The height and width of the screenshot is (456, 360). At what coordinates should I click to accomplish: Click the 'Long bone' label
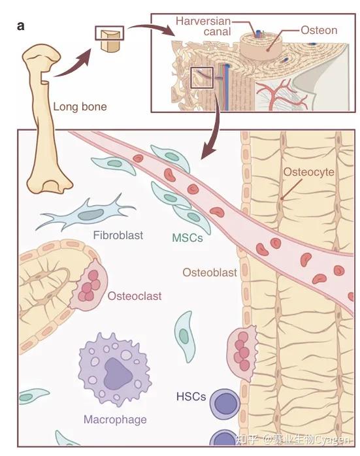(x=80, y=106)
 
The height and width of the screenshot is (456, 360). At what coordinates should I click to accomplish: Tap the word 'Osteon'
(x=319, y=30)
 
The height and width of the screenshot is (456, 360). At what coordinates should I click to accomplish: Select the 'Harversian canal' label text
(x=203, y=26)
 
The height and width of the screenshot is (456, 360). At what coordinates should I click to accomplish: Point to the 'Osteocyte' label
(x=308, y=172)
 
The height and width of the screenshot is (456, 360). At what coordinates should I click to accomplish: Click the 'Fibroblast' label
(x=118, y=235)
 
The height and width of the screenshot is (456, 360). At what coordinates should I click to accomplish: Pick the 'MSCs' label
(x=187, y=238)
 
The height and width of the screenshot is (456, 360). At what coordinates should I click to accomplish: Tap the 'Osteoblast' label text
(x=210, y=272)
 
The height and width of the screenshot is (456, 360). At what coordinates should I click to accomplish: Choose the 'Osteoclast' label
(x=135, y=296)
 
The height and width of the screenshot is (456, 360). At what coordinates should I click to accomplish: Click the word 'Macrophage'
(x=115, y=419)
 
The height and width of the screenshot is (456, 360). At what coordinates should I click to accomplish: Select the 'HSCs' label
(x=191, y=397)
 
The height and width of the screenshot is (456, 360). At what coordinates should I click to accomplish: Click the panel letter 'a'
(x=21, y=26)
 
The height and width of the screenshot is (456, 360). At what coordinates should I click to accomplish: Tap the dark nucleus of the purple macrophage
(x=117, y=374)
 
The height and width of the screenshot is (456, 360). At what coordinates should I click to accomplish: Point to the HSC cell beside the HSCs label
(x=225, y=404)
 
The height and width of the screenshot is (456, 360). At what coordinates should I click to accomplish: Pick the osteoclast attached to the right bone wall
(x=242, y=353)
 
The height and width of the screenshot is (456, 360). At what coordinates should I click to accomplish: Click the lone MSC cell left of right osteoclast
(x=185, y=336)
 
